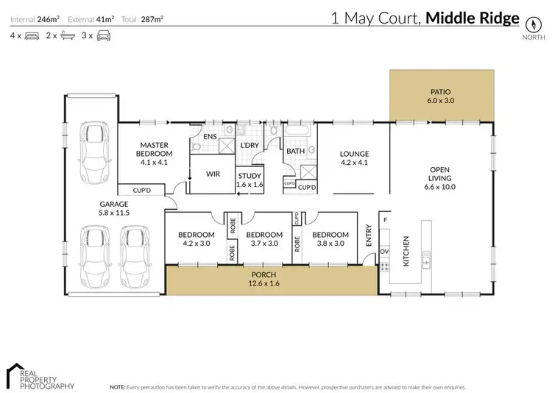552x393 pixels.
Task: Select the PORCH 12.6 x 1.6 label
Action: (265, 279)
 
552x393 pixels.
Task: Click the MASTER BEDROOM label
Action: (156, 152)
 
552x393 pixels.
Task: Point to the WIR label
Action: (213, 174)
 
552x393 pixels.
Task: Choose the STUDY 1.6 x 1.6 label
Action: (250, 180)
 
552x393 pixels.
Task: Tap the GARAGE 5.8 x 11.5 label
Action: (114, 208)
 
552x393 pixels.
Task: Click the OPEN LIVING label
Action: (443, 177)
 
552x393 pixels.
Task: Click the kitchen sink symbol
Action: (425, 258)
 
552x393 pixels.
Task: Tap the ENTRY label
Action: (369, 236)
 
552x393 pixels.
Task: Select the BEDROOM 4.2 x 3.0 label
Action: (194, 239)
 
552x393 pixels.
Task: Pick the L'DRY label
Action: (250, 146)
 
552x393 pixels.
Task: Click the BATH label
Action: (296, 151)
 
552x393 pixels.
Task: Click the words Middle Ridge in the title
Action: (475, 18)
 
